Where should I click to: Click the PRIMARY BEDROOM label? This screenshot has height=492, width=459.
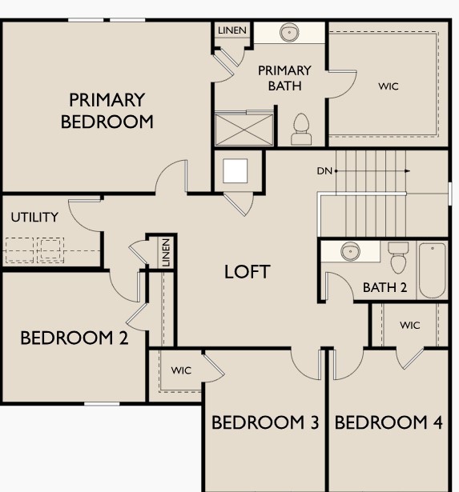107,111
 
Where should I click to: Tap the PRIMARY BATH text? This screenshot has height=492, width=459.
284,78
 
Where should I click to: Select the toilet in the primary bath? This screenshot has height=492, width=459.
301,129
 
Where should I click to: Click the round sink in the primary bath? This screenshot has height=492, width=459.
288,34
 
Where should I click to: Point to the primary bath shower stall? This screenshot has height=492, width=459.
243,128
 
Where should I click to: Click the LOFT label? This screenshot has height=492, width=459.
247,271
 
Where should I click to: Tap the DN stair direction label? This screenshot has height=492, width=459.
324,170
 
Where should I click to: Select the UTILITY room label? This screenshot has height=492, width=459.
34,218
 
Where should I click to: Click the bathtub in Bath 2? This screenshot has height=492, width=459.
432,270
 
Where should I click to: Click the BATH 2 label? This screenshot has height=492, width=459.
385,287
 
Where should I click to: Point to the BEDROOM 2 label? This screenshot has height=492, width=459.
74,338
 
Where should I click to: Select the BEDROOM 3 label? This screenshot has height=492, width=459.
265,422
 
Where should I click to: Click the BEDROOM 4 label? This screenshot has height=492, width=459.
389,422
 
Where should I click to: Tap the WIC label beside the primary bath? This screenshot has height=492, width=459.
388,86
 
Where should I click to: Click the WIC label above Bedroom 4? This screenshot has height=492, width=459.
409,326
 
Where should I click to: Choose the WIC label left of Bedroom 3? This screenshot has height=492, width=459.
180,370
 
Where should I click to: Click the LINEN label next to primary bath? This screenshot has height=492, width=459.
232,30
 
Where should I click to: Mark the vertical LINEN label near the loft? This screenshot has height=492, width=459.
165,253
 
